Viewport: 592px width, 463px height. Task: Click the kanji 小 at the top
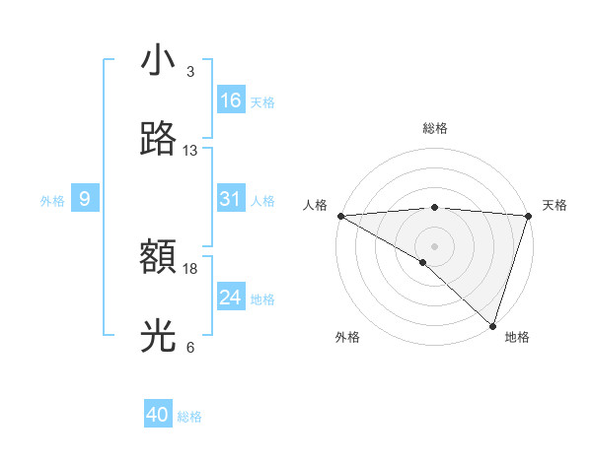158,61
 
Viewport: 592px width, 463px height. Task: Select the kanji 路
158,140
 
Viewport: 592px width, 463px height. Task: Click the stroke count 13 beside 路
190,151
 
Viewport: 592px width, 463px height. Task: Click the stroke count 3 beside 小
190,72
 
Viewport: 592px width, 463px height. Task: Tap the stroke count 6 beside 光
190,348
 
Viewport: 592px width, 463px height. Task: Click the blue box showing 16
231,100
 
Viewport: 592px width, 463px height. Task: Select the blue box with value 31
231,199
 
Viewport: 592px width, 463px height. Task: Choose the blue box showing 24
231,298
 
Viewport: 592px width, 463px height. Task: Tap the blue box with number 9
85,199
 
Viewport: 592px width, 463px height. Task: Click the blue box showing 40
158,415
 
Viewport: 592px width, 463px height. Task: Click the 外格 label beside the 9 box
52,200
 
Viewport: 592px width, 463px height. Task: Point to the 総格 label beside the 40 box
189,417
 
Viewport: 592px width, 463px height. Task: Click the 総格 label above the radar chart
434,128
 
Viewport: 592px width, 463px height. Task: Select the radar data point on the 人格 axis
340,216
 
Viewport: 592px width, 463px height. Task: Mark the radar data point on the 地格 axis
493,326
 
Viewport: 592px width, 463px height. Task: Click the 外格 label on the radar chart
347,337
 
